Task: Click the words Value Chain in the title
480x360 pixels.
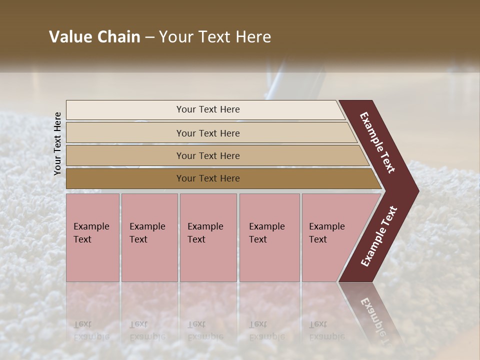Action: (94, 37)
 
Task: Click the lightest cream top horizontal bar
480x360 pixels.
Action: (125, 110)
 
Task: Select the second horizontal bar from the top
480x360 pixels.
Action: (125, 133)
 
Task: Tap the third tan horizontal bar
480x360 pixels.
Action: (125, 155)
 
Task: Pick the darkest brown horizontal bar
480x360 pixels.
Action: (125, 178)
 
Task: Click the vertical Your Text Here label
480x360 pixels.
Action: (57, 143)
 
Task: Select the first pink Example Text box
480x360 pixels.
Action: (92, 237)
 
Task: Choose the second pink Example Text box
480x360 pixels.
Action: (149, 237)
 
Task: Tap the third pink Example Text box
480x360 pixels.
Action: (208, 237)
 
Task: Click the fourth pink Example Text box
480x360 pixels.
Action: (269, 237)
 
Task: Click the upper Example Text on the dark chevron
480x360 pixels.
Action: (378, 142)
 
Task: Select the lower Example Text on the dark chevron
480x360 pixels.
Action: (379, 236)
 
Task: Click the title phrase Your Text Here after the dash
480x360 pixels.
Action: (215, 37)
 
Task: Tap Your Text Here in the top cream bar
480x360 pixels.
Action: (208, 109)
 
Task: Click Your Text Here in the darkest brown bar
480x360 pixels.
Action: (208, 178)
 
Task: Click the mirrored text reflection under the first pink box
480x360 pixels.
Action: (91, 330)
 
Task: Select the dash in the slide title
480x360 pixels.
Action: (149, 37)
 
